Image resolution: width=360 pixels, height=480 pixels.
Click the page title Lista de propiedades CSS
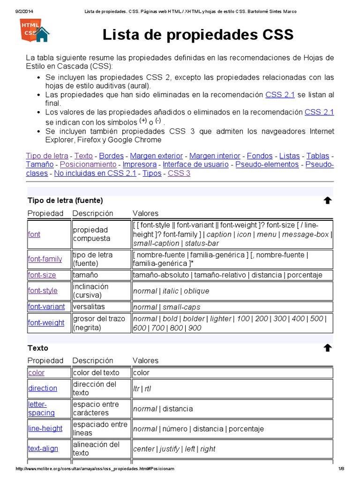198,35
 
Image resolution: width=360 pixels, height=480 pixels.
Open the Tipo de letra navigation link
47,156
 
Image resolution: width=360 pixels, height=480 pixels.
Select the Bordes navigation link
112,156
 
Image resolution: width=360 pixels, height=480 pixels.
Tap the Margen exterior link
156,156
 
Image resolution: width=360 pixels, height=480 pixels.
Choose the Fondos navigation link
259,156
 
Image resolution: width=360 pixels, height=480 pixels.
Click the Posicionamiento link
88,165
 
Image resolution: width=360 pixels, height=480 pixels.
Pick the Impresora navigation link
140,165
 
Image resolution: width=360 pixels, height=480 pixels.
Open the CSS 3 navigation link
179,173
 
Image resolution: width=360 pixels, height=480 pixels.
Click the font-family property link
45,259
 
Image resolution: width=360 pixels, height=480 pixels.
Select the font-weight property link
46,322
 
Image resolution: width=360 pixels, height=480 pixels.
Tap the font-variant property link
46,307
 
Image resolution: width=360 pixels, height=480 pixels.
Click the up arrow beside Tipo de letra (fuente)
328,201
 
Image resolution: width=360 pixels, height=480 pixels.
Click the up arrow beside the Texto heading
328,348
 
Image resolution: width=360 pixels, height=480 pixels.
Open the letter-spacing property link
41,408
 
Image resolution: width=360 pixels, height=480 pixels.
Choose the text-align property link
43,448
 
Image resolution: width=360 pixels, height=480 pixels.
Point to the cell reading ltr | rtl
142,389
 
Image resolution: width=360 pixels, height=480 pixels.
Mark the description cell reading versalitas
89,307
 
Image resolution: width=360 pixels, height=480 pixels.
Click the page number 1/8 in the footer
341,469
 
